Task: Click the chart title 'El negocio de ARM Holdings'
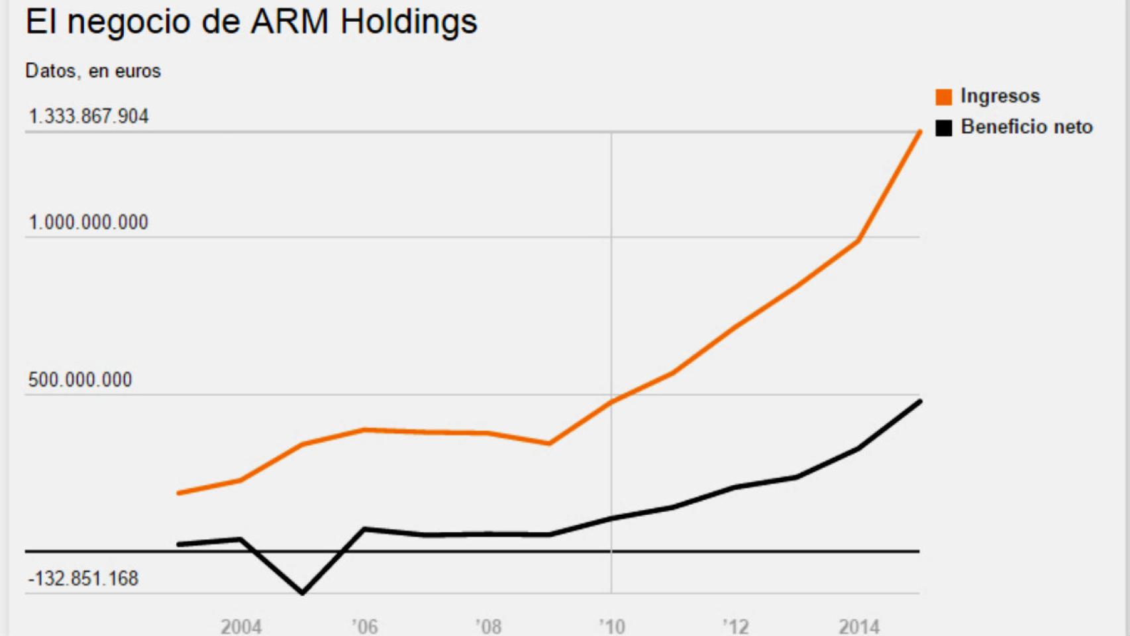click(251, 22)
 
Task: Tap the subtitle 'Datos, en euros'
click(93, 71)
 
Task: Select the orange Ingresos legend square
click(943, 97)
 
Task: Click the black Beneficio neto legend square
click(943, 127)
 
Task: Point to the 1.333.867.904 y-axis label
click(88, 117)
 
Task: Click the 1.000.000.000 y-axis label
click(88, 222)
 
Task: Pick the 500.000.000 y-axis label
click(80, 380)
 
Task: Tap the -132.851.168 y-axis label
click(83, 578)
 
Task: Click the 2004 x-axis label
click(241, 626)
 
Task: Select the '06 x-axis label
click(364, 626)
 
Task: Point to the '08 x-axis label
click(488, 626)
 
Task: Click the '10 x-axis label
click(611, 626)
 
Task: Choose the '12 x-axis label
click(735, 626)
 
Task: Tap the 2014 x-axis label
click(858, 626)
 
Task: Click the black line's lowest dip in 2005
click(303, 592)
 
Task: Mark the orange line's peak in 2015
click(919, 132)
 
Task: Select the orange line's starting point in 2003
click(180, 493)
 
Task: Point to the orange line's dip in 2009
click(549, 443)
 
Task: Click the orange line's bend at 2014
click(858, 241)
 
